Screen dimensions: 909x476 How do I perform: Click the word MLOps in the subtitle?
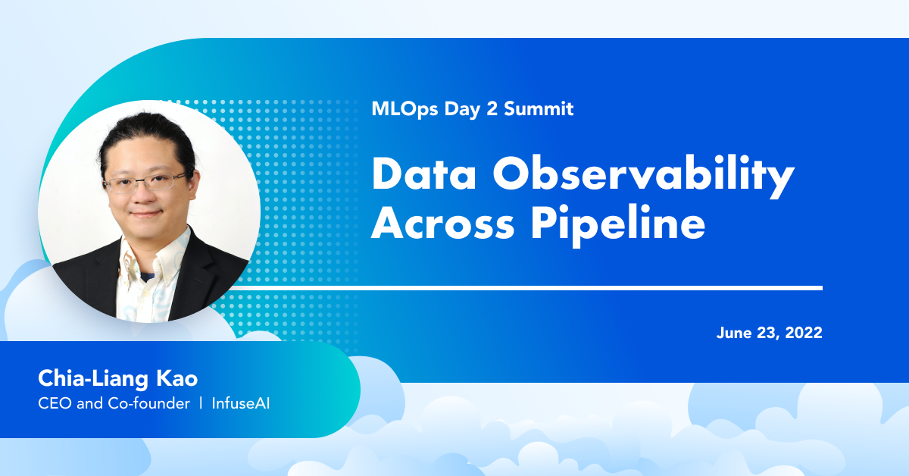pos(405,109)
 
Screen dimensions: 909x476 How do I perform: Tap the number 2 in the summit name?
pos(492,108)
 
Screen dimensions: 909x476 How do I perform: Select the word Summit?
pos(539,108)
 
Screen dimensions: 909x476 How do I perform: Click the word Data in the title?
pos(423,173)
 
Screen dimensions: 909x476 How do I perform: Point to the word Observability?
pos(644,177)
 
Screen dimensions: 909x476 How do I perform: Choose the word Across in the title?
pos(443,223)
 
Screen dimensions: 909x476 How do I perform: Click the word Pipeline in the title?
pos(618,225)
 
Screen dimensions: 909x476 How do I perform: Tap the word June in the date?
pos(734,333)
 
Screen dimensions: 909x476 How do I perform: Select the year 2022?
pos(804,333)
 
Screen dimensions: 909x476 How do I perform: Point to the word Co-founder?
pos(149,403)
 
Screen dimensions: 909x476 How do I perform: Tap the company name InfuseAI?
pos(241,403)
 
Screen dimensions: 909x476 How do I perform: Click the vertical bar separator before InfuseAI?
pos(201,403)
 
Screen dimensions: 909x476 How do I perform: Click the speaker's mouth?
pos(145,213)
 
